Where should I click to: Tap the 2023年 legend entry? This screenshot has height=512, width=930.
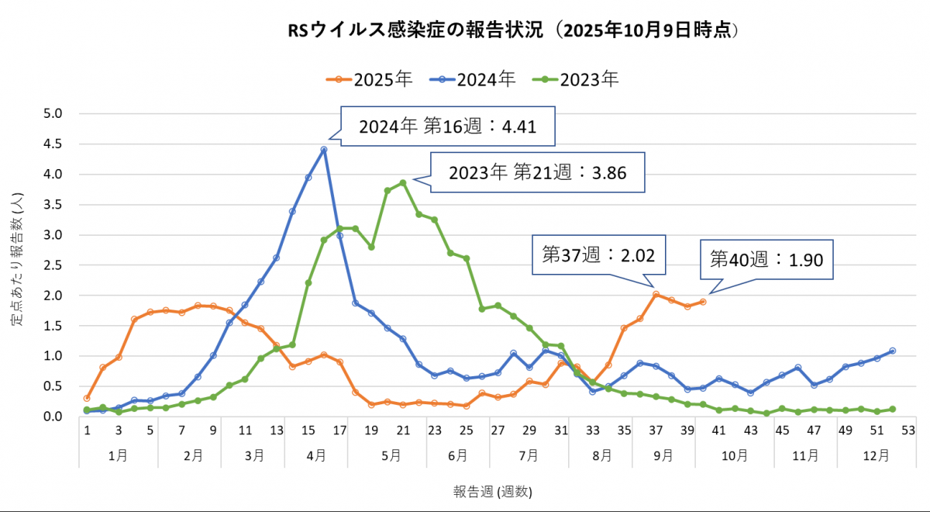click(x=577, y=78)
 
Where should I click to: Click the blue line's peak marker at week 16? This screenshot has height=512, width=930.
click(x=324, y=150)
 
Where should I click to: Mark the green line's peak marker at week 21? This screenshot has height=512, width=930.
click(x=403, y=183)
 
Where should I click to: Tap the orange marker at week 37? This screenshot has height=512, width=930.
click(x=656, y=295)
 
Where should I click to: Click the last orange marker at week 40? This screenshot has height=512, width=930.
click(x=703, y=302)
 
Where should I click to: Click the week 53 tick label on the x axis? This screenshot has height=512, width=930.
click(x=908, y=431)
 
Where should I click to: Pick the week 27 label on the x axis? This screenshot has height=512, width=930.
click(x=498, y=431)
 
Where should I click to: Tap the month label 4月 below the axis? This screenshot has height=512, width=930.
click(x=315, y=456)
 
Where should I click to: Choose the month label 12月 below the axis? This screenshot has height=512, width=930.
click(x=869, y=456)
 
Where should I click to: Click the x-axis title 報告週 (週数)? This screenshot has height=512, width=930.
click(x=493, y=491)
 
